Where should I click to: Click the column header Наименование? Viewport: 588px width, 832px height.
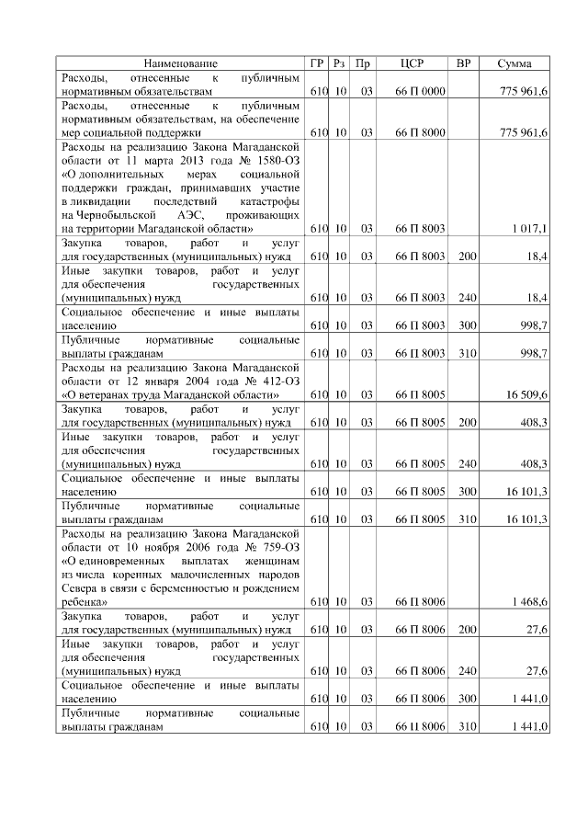(180, 63)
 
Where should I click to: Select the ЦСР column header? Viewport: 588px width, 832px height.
(413, 63)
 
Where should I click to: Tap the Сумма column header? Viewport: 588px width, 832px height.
(514, 63)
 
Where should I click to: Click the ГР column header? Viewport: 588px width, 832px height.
(317, 63)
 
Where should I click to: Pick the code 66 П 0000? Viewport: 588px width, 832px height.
(420, 94)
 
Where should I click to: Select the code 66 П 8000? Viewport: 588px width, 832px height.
(420, 132)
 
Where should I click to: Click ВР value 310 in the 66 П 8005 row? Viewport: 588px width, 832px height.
(467, 519)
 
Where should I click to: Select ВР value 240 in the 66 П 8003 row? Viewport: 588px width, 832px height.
(467, 298)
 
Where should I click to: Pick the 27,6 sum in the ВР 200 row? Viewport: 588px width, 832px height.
(535, 630)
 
